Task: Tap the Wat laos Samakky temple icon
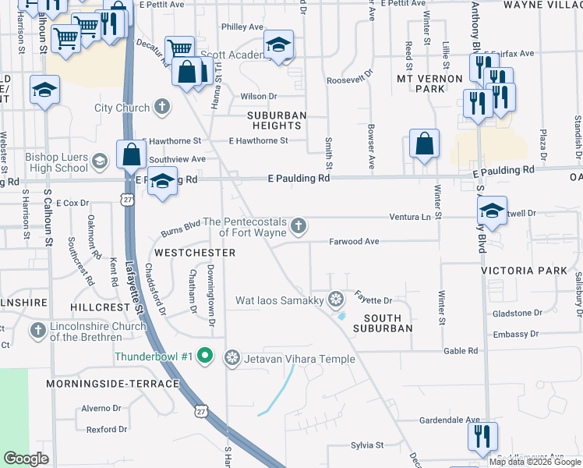coord(336,299)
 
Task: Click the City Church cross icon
coord(162,107)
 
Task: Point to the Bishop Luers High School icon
coord(99,161)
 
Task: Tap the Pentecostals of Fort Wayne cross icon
coord(297,227)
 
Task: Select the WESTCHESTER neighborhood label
coord(195,253)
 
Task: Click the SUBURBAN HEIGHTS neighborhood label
coord(277,120)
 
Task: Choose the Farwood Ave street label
coord(353,242)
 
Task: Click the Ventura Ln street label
coord(410,216)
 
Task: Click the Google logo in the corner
coord(26,459)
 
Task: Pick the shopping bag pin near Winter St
coord(423,144)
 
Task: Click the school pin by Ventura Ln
coord(492,211)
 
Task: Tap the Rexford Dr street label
coord(107,429)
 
